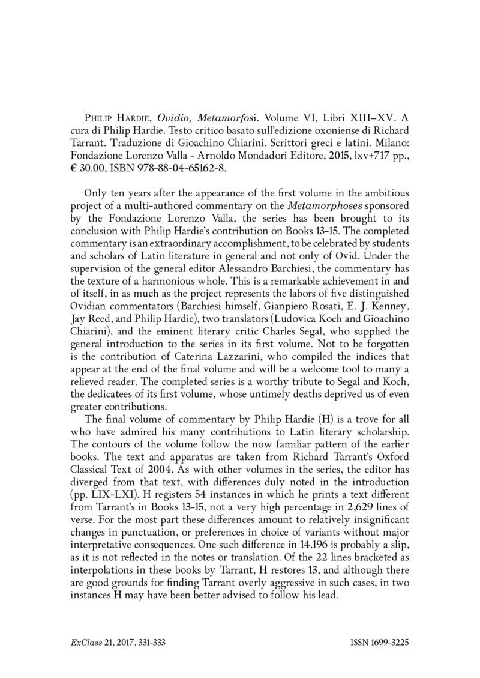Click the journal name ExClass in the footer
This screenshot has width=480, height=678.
pyautogui.click(x=84, y=643)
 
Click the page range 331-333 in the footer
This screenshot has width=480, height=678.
pyautogui.click(x=147, y=643)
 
